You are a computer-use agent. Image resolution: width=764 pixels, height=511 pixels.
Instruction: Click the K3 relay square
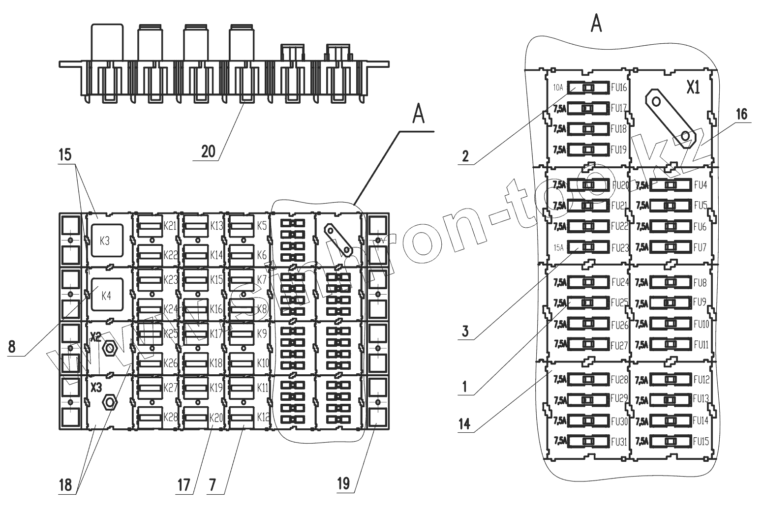[x=105, y=242]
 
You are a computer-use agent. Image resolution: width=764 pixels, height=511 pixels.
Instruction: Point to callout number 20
[x=208, y=151]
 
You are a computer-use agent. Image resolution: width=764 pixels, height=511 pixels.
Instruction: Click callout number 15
[x=64, y=155]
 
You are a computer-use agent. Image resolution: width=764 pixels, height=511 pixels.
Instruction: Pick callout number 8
[x=12, y=347]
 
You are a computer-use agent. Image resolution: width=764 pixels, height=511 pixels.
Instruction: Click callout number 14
[x=464, y=424]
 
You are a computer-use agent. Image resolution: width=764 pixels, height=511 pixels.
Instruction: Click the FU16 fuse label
[x=618, y=88]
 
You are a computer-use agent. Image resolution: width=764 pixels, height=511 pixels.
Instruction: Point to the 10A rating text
[x=558, y=88]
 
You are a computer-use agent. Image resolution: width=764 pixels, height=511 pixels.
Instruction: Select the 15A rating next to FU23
[x=558, y=247]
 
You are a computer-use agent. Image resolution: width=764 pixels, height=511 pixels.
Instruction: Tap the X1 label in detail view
[x=693, y=88]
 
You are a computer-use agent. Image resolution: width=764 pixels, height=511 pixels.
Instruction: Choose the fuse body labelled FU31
[x=588, y=442]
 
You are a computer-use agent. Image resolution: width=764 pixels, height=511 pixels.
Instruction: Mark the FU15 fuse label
[x=701, y=442]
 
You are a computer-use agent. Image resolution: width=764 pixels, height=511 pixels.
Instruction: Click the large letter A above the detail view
[x=596, y=23]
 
